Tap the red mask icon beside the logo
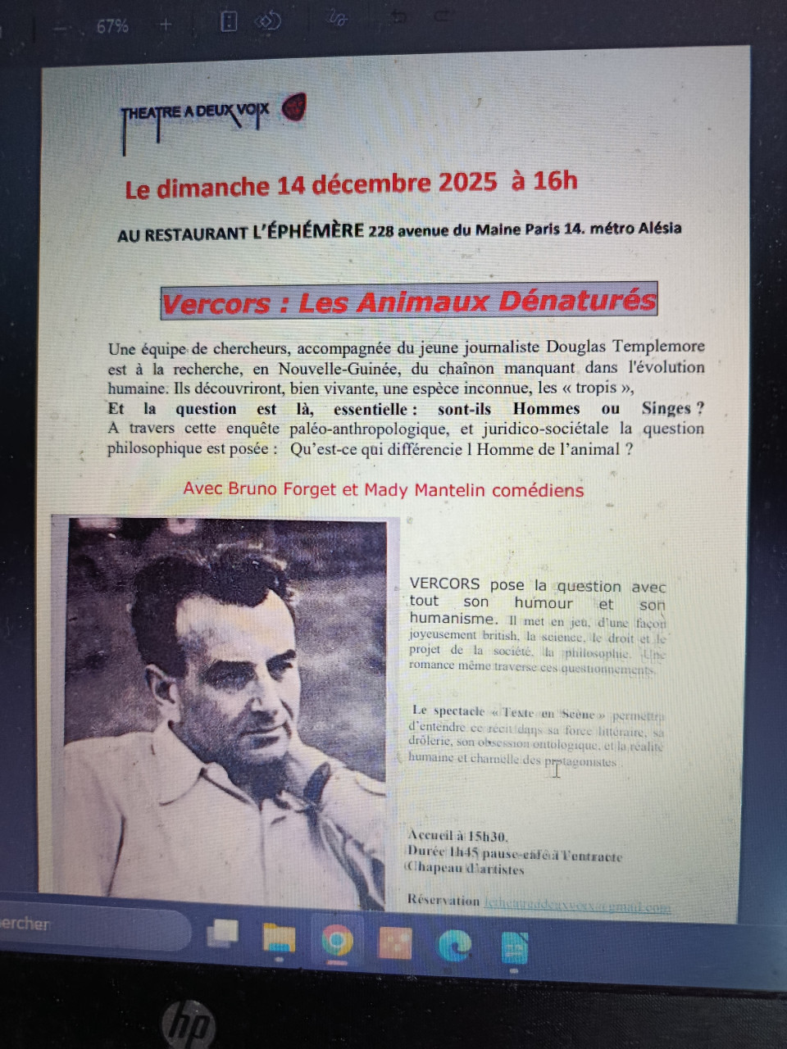click(x=293, y=107)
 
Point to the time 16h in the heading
click(x=555, y=180)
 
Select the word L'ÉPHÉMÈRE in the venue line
click(x=308, y=232)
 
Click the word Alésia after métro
click(x=658, y=228)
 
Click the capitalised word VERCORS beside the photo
click(x=444, y=584)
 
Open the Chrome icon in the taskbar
click(x=336, y=942)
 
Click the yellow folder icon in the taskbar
click(x=279, y=939)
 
